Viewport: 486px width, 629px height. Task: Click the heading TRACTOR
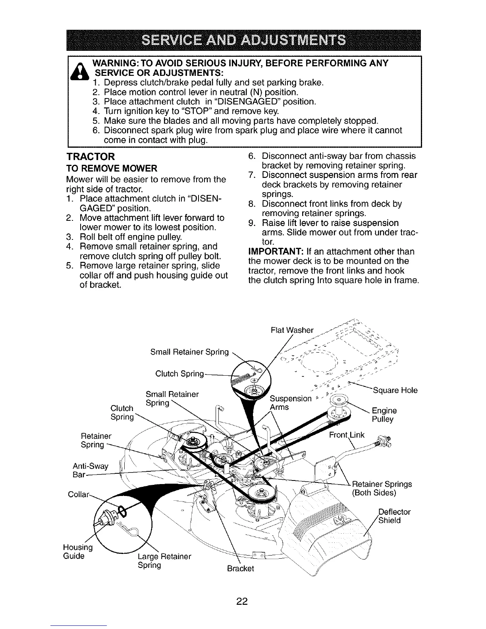pyautogui.click(x=91, y=156)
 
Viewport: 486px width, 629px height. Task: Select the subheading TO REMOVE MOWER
pyautogui.click(x=112, y=168)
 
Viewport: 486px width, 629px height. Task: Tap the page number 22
pyautogui.click(x=242, y=602)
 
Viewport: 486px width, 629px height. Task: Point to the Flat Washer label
pyautogui.click(x=291, y=330)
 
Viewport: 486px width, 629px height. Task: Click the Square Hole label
pyautogui.click(x=395, y=390)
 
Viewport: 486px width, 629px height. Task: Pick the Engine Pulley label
pyautogui.click(x=384, y=415)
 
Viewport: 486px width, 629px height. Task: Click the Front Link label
pyautogui.click(x=347, y=435)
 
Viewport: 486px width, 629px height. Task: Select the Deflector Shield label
pyautogui.click(x=394, y=516)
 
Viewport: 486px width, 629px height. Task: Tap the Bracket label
pyautogui.click(x=240, y=569)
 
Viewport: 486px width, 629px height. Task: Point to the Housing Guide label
pyautogui.click(x=78, y=552)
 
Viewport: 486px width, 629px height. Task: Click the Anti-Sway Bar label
pyautogui.click(x=91, y=471)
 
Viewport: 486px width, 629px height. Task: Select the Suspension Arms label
pyautogui.click(x=290, y=403)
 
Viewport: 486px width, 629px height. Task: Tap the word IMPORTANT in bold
pyautogui.click(x=272, y=252)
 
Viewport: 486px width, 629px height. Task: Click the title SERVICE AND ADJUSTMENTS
pyautogui.click(x=243, y=41)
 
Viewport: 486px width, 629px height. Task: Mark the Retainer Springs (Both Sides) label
pyautogui.click(x=382, y=488)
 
